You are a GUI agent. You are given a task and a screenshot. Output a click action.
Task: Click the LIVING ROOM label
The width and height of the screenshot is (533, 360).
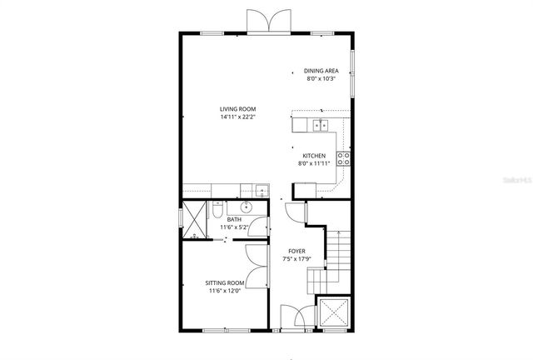[x=237, y=109]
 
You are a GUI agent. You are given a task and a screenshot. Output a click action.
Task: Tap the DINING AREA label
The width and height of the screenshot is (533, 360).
[x=321, y=72]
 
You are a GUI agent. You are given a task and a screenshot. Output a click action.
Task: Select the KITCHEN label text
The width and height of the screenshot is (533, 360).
[x=314, y=156]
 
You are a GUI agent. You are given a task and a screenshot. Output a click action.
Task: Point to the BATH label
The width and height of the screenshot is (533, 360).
[x=234, y=219]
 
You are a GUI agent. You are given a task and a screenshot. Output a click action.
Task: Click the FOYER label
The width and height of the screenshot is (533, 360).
[x=296, y=251]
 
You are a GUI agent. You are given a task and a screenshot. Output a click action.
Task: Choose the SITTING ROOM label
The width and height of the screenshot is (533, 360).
[x=226, y=283]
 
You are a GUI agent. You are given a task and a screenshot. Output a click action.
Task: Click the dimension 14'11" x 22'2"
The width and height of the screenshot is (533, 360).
[x=237, y=117]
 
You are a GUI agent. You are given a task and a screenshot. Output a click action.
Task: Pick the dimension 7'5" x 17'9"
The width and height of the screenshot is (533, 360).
[x=296, y=259]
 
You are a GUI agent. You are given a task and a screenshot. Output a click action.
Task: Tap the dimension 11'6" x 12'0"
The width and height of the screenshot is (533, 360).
[x=226, y=292]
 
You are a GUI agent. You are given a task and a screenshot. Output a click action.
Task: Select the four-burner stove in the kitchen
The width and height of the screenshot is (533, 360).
[x=343, y=157]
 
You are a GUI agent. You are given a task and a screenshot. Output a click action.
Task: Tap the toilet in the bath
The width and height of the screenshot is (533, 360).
[x=218, y=207]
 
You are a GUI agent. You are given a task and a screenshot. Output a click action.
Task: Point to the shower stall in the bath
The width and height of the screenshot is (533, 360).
[x=194, y=219]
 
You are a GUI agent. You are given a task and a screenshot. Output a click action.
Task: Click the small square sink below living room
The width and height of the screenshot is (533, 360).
[x=261, y=189]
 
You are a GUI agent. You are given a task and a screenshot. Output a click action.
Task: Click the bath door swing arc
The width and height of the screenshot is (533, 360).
[x=261, y=226]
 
